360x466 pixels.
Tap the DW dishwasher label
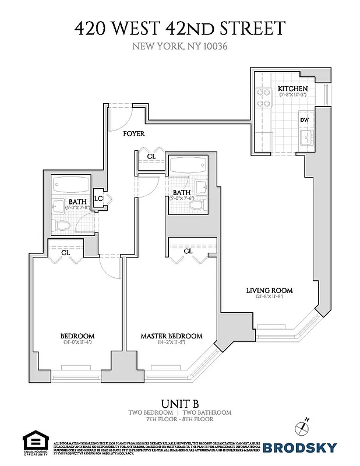pos(304,120)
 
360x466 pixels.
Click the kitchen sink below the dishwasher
pos(305,138)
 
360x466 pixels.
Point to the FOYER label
pos(133,133)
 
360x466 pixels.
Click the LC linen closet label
pos(98,199)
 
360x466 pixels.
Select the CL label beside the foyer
pos(151,156)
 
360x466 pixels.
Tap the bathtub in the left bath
pos(70,187)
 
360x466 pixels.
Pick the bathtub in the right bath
pos(186,165)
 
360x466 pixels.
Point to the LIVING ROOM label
pos(269,290)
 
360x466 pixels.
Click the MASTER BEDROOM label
pos(171,336)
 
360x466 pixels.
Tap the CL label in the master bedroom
pos(188,250)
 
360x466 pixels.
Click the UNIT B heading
pos(179,403)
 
